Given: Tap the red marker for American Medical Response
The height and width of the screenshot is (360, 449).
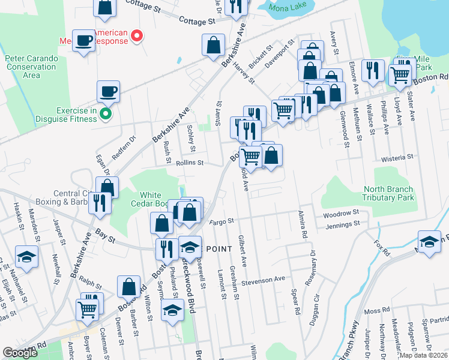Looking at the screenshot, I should [137, 37].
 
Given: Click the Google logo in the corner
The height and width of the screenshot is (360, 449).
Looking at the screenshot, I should [20, 353].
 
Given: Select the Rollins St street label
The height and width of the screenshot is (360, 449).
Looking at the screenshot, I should [190, 163].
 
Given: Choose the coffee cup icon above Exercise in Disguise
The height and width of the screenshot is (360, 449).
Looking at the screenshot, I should [109, 91].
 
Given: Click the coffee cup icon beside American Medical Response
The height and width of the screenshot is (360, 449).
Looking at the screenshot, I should [84, 40].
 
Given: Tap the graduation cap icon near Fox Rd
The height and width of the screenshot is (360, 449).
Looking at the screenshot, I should [429, 241].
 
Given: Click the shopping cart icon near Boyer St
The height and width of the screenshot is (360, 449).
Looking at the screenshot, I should [87, 310].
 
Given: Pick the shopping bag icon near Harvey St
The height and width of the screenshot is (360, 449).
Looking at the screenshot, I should [214, 44].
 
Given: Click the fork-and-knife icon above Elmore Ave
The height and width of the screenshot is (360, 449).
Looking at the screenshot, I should [373, 70].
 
